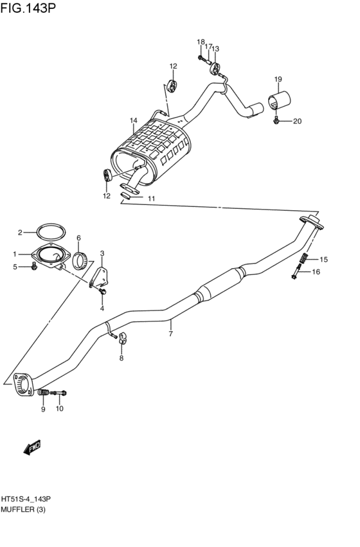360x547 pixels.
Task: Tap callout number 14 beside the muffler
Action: point(134,120)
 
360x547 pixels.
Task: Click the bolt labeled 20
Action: point(276,120)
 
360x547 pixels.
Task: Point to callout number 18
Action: point(201,42)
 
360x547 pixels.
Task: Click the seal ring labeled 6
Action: point(80,260)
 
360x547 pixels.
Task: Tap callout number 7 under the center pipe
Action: point(170,334)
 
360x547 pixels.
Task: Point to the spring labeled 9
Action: point(44,392)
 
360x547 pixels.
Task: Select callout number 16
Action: point(316,273)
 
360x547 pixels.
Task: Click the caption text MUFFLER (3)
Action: point(22,510)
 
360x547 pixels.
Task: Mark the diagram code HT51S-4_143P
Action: point(26,499)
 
